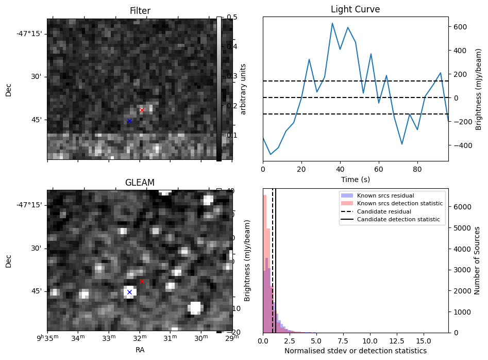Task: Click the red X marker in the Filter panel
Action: click(142, 110)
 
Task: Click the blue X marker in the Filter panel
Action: click(129, 121)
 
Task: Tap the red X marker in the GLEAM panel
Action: click(142, 281)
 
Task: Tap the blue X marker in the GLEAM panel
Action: click(129, 292)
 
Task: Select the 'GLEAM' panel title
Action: click(140, 182)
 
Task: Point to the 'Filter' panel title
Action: click(140, 11)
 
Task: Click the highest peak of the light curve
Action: click(332, 23)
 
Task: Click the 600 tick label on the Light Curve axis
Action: click(460, 27)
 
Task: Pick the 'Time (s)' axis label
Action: click(355, 179)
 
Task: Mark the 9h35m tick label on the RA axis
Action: click(47, 338)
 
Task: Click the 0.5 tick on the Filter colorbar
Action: click(231, 17)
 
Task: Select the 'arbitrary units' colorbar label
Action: click(243, 89)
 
